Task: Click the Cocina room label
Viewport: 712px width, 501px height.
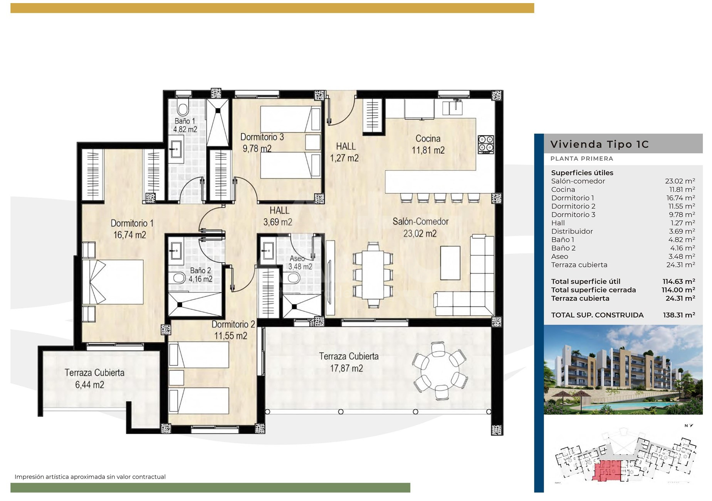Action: pos(428,139)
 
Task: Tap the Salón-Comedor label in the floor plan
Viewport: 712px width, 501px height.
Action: pos(420,222)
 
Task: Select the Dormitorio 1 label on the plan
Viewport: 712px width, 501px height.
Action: pos(132,223)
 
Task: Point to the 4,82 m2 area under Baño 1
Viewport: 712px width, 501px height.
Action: pos(185,129)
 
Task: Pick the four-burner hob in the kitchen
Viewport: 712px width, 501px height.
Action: pos(486,144)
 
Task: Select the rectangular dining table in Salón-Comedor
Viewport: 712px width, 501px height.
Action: pos(373,275)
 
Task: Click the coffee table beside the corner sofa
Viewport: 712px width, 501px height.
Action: pos(450,263)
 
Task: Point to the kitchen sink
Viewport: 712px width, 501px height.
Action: pos(452,107)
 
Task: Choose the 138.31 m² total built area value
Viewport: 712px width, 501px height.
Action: pos(679,315)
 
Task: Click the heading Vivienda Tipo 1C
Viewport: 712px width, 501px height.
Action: pos(599,144)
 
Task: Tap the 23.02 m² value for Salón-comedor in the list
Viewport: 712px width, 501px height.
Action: pos(680,181)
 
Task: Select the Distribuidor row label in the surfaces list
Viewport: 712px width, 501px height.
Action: pos(572,231)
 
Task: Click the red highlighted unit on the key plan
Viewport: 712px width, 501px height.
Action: pos(608,470)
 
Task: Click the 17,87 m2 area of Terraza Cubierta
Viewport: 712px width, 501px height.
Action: pos(346,369)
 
